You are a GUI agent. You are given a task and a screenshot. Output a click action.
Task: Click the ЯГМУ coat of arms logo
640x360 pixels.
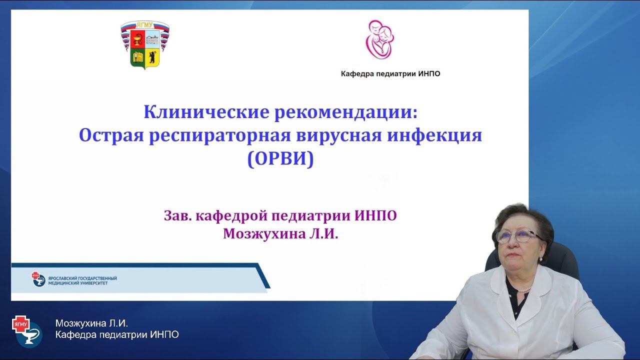tap(145, 44)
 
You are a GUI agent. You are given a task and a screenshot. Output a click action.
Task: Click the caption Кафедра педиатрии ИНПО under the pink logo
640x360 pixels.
tap(390, 74)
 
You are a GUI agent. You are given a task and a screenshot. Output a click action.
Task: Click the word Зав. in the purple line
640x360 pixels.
tap(177, 216)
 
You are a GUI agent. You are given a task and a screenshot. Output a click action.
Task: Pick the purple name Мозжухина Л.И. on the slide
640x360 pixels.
tap(280, 234)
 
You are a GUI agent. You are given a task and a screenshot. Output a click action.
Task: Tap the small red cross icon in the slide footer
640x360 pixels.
tap(35, 275)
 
